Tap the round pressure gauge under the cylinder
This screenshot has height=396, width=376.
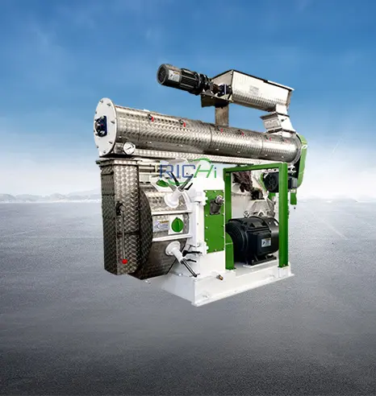coord(129,148)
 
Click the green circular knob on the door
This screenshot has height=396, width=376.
coord(178,225)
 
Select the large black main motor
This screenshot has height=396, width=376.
coord(252,240)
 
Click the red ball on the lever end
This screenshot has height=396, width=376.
coord(124,262)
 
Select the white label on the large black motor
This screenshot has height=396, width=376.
coord(265,241)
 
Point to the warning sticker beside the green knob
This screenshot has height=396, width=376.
coord(161,226)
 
